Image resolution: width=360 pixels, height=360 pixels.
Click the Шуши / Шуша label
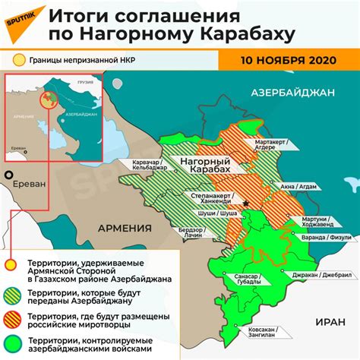tap(200, 214)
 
